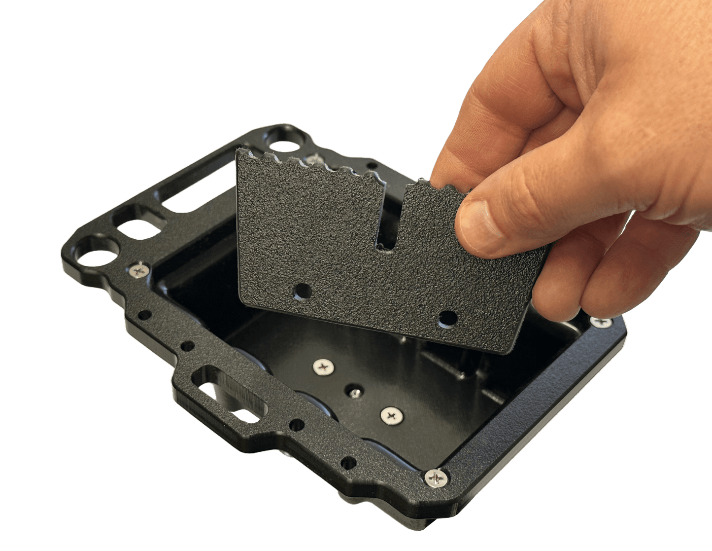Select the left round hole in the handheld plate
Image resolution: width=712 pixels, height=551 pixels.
(303, 292)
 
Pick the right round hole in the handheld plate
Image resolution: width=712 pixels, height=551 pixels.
(447, 318)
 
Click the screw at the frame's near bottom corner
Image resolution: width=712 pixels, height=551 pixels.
(437, 478)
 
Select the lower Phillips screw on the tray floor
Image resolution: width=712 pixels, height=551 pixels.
(392, 415)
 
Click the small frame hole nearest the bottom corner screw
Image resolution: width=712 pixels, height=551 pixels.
(348, 462)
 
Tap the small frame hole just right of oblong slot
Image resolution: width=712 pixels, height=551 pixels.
(297, 425)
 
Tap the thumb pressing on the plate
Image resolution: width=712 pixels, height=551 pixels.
(493, 217)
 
